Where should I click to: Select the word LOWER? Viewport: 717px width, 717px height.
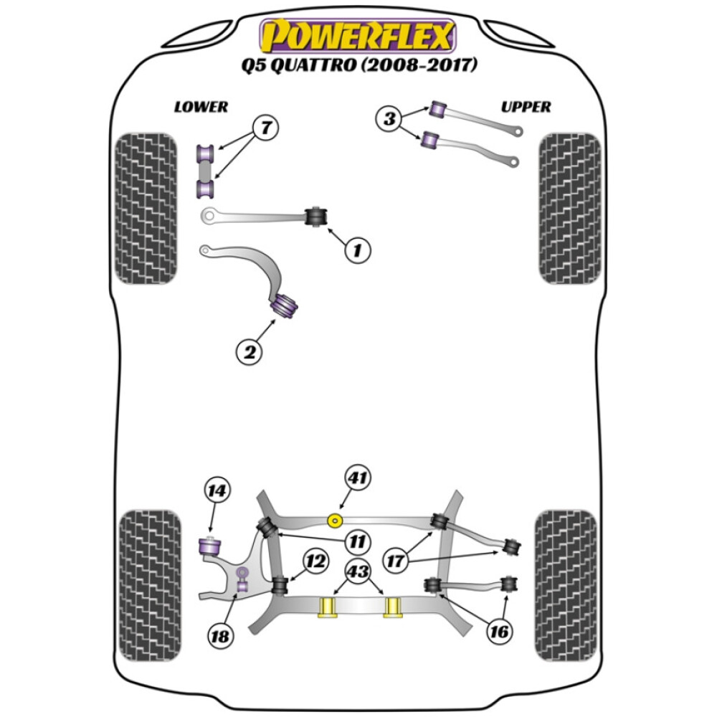click(201, 107)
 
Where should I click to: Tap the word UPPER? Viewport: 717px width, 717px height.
click(526, 107)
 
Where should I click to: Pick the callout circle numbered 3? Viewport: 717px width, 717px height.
click(390, 118)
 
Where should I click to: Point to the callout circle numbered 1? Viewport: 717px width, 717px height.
click(358, 250)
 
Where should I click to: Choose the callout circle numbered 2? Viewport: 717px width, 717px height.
click(250, 351)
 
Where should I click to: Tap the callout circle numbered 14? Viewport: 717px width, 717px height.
click(217, 491)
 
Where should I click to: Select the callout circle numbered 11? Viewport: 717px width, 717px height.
click(356, 541)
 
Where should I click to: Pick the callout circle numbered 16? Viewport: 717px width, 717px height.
click(500, 631)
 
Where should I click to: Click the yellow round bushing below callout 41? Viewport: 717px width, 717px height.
click(335, 520)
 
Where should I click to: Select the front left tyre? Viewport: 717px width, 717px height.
click(146, 209)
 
